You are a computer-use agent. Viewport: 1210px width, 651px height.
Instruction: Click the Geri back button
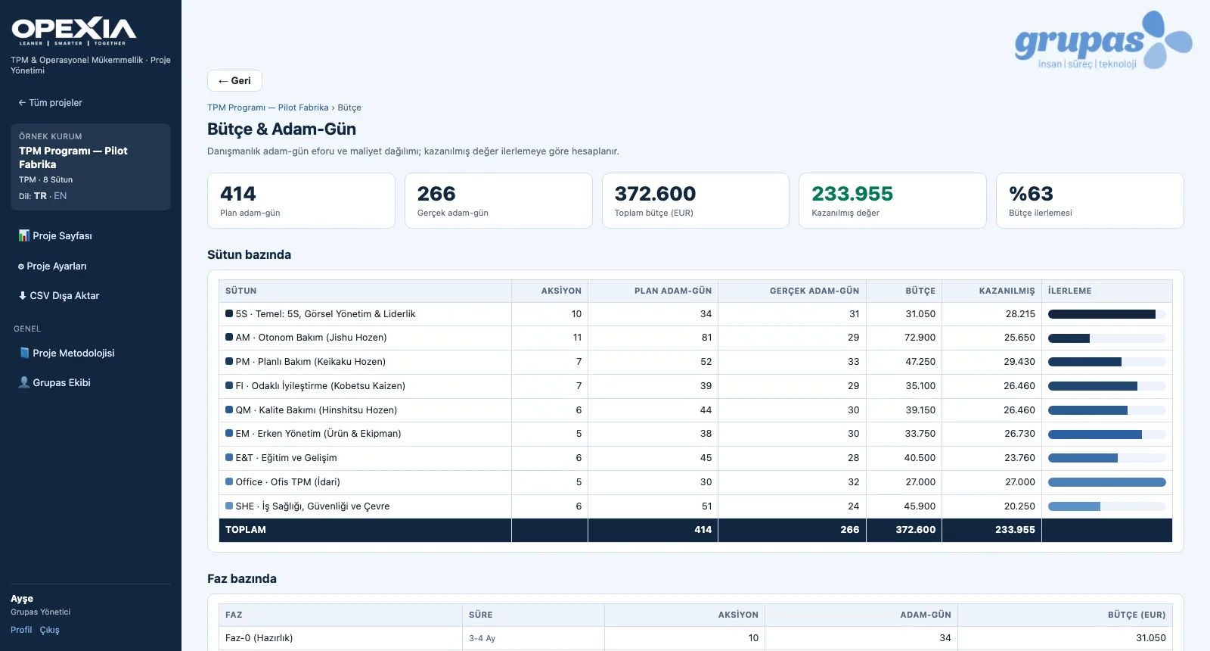(x=234, y=80)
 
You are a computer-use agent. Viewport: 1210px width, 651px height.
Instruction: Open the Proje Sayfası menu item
(x=55, y=235)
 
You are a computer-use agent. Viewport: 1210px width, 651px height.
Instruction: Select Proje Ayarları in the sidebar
(x=52, y=266)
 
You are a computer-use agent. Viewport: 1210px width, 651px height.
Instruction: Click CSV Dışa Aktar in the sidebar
(x=59, y=296)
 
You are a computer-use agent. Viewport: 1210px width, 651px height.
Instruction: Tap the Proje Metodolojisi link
(x=67, y=353)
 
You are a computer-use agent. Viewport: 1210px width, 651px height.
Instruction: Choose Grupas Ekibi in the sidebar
(x=54, y=382)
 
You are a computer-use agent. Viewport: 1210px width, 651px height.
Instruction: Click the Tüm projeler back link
(x=50, y=103)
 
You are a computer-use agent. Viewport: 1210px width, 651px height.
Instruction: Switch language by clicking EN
(x=60, y=196)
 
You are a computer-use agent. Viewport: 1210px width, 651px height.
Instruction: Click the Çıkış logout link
(x=49, y=630)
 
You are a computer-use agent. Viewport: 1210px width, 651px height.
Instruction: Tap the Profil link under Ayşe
(x=21, y=630)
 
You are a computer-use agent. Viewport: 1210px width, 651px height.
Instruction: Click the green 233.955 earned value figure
(x=852, y=194)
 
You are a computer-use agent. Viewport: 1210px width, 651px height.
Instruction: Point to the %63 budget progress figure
(x=1032, y=194)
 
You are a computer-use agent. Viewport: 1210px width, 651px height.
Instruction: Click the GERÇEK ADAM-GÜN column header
(x=814, y=291)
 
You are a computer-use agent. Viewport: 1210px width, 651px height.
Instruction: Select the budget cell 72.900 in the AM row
(x=920, y=338)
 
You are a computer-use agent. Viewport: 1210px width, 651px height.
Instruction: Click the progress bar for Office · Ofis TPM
(x=1107, y=481)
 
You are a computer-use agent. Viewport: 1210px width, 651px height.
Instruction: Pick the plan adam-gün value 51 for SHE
(x=706, y=506)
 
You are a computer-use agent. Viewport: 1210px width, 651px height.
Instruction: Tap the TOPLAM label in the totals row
(x=245, y=530)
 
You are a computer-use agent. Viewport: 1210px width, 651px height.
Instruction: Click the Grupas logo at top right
(x=1103, y=41)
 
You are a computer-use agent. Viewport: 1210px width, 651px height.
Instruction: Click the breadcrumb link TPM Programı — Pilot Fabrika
(x=268, y=107)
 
